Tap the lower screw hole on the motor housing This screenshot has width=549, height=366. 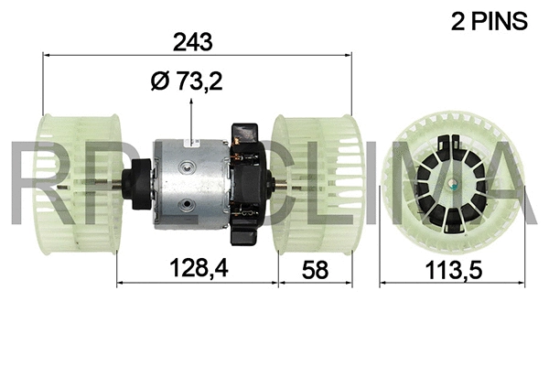[x=188, y=207]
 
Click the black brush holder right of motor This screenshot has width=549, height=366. [x=249, y=183]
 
